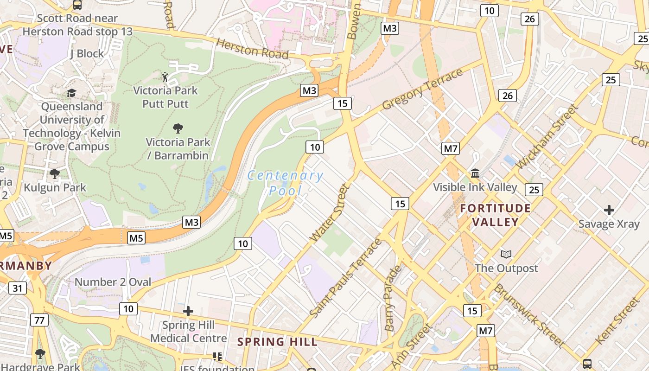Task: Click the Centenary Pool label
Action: coord(285,183)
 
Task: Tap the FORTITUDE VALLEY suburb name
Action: coord(495,215)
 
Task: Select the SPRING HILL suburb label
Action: coord(277,342)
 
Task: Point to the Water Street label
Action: coord(329,213)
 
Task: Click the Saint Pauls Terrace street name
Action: coord(346,278)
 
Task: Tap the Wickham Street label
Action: coord(547,137)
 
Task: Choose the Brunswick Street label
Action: coord(529,315)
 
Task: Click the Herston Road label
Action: coord(252,48)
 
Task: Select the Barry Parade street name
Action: coord(392,298)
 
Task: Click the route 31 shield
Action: coord(18,288)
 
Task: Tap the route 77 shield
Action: coord(39,320)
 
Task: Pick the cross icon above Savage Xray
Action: coord(609,210)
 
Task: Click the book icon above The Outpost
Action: coord(506,255)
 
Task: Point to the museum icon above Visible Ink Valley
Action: coord(475,173)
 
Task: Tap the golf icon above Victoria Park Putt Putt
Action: coord(165,77)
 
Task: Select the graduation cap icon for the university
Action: coord(71,93)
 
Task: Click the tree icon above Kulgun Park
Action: coord(55,174)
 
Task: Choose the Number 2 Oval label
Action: coord(113,282)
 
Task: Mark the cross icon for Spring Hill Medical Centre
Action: coord(188,311)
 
